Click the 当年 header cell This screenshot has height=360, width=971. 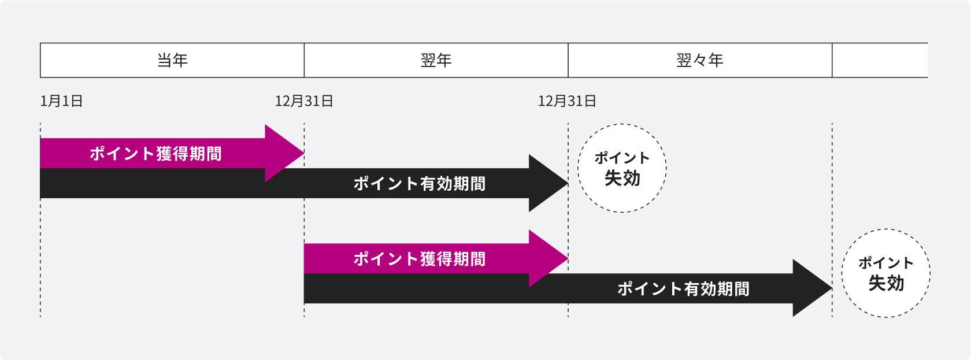pos(172,60)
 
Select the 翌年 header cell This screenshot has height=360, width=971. pos(436,60)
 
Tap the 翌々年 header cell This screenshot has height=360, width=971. pos(700,60)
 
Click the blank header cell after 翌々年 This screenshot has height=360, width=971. pos(879,60)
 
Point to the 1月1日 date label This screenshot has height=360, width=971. pos(61,101)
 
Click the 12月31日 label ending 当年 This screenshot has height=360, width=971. pos(304,101)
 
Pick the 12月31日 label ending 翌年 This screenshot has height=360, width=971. pos(567,101)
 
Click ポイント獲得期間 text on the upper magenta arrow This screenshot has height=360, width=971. pos(155,154)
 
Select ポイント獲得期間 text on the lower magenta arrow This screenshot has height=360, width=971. pos(419,259)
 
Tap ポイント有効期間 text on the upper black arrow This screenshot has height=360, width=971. pos(419,184)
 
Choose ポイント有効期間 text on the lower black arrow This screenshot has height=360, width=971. pos(683,289)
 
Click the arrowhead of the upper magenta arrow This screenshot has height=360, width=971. pos(283,154)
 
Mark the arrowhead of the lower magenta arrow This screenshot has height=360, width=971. pos(547,259)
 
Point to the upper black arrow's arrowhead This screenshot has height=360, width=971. pos(547,184)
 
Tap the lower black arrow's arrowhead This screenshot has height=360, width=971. pos(810,288)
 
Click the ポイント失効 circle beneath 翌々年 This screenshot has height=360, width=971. pos(622,168)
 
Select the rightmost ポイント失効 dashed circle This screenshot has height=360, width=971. pos(885,273)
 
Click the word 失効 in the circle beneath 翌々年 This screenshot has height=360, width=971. pos(622,179)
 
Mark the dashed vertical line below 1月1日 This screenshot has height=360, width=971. pos(40,260)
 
